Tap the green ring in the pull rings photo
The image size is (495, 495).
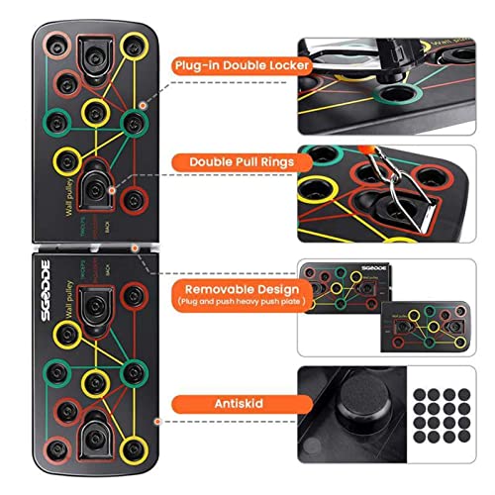pos(322,158)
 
